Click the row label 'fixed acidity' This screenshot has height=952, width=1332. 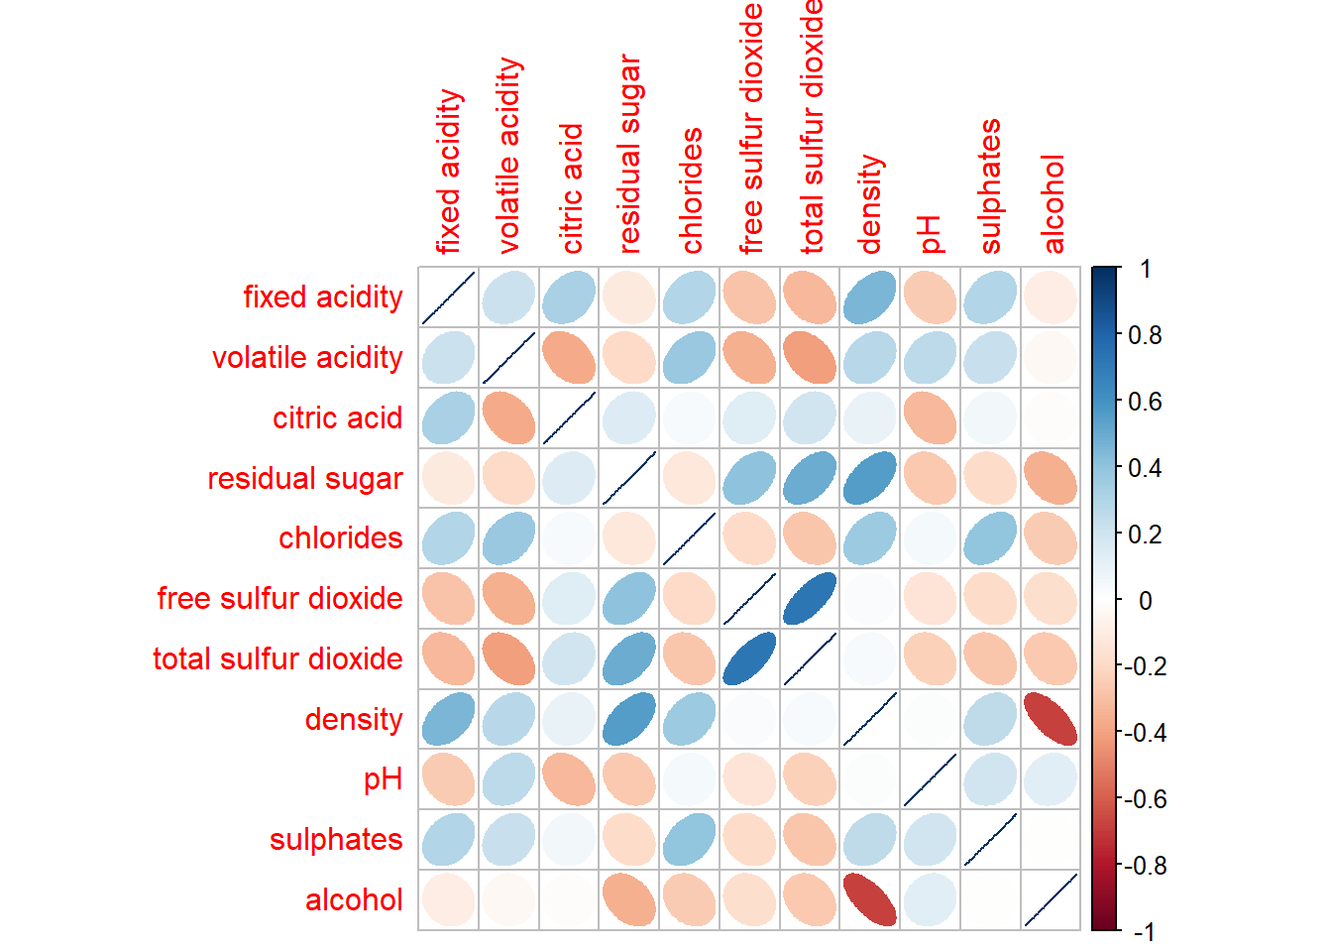coord(323,297)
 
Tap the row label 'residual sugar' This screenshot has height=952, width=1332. coord(305,478)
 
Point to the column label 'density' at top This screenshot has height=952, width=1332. coord(869,203)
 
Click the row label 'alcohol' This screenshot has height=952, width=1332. coord(354,899)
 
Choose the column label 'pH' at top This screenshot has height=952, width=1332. coord(929,235)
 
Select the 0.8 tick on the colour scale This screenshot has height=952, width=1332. coord(1145,335)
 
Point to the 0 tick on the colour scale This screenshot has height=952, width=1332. coord(1145,600)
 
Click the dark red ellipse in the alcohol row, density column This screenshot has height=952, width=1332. coord(869,899)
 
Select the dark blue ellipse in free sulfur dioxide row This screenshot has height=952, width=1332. coord(810,598)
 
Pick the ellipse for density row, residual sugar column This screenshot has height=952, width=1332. coord(628,719)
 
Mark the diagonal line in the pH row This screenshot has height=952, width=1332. coord(930,779)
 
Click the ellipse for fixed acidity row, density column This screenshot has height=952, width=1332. coord(869,297)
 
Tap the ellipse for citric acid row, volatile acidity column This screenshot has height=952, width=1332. coord(508,417)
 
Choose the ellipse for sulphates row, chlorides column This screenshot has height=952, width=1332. coord(689,839)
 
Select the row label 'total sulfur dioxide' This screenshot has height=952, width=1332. coord(277,658)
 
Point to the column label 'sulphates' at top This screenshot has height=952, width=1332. coord(989,185)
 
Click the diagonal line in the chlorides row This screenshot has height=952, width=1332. coord(689,538)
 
